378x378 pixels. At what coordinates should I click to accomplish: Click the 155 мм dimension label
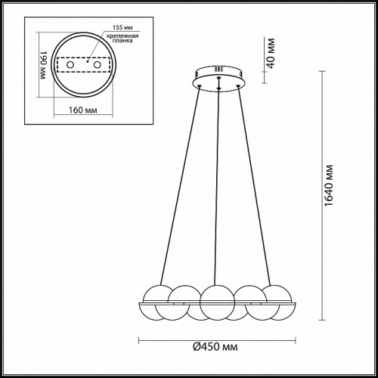tap(122, 27)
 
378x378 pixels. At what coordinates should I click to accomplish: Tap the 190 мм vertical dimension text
tap(43, 65)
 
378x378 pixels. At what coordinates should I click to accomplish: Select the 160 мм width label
tap(83, 110)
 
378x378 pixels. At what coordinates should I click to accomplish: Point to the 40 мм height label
tap(271, 53)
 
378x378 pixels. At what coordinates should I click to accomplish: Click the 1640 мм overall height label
tap(328, 186)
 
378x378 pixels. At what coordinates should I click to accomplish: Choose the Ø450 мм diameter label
tap(215, 347)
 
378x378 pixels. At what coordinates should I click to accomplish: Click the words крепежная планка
tap(122, 38)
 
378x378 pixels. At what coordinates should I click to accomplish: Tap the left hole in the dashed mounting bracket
tap(70, 65)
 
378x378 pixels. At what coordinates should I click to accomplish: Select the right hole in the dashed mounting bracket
tap(98, 65)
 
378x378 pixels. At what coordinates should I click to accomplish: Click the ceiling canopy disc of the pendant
tap(218, 79)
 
